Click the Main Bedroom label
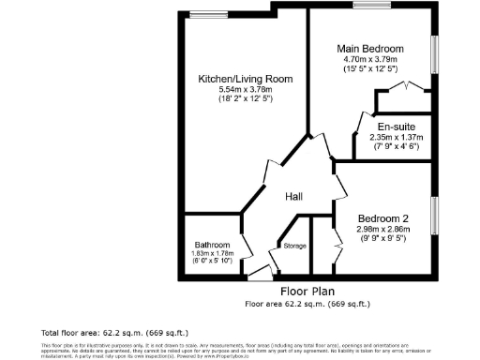[372, 49]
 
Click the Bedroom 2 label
[382, 217]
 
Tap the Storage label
[295, 246]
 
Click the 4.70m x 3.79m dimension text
[372, 59]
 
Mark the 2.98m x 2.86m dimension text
[382, 228]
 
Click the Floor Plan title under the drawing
[307, 292]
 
